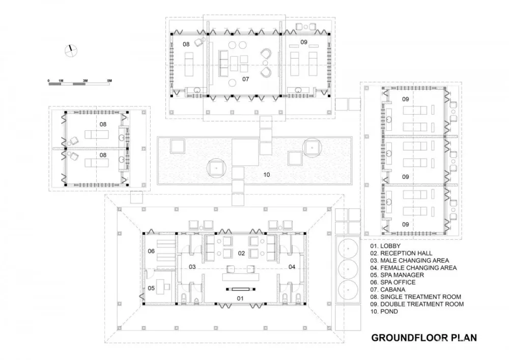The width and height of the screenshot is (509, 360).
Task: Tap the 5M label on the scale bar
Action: point(109,81)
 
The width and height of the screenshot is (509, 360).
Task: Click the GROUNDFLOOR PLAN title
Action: point(424,337)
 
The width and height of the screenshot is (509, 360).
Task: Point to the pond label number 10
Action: point(266,175)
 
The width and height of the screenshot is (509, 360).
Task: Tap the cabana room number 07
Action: point(245,79)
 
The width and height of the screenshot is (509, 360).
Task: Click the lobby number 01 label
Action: point(241,298)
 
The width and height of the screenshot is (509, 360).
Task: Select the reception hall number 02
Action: point(242,253)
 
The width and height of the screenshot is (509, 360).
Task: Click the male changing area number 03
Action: point(192,266)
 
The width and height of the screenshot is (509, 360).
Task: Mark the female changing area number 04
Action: point(292,266)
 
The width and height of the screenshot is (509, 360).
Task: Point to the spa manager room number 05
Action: point(151,288)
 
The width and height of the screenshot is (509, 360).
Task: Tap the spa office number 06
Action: point(151,251)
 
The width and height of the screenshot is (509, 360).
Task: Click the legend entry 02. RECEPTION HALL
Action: point(401,253)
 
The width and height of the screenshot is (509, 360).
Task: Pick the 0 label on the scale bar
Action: point(49,81)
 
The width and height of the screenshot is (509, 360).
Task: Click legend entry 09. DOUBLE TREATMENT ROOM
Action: point(417,304)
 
